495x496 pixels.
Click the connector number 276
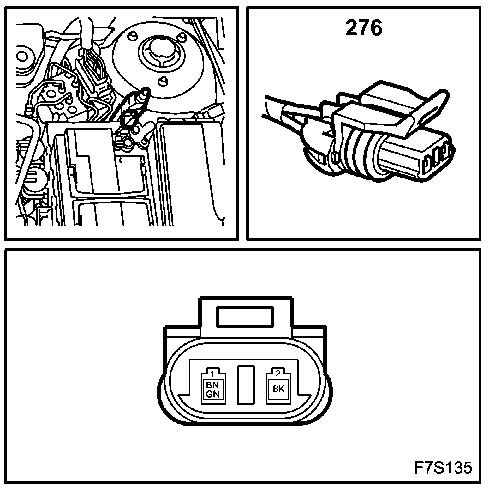[364, 28]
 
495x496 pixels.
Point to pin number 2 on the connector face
[278, 373]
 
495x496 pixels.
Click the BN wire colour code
[212, 385]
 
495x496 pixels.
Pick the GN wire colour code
[212, 394]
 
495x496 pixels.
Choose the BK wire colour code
[278, 389]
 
